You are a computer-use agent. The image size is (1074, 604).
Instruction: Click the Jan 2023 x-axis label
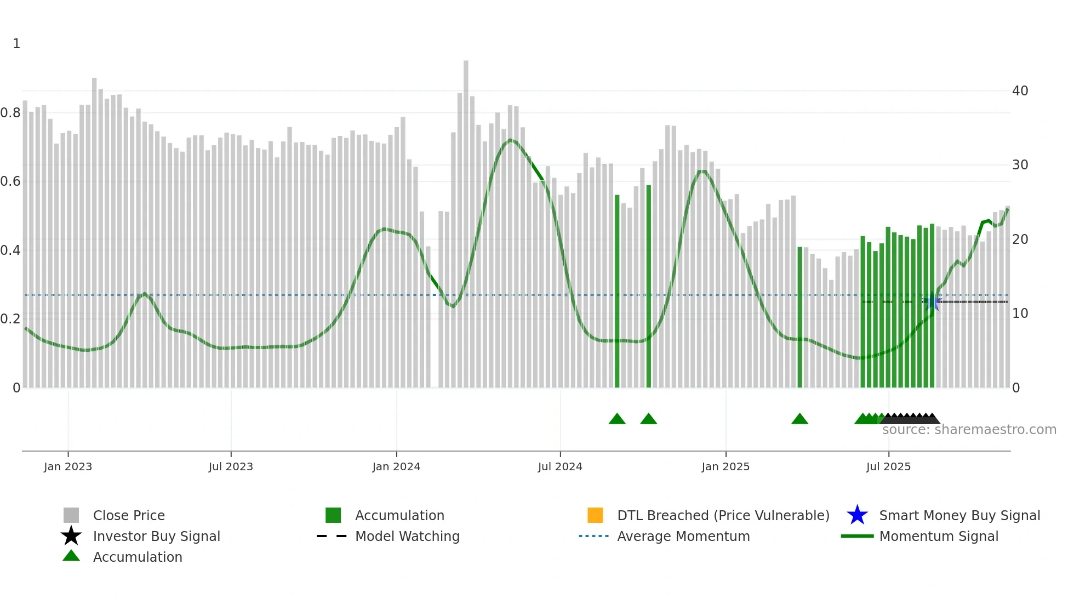pyautogui.click(x=68, y=466)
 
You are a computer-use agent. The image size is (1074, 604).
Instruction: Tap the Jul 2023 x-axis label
pyautogui.click(x=231, y=466)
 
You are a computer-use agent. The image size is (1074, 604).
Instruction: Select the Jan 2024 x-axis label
pyautogui.click(x=396, y=466)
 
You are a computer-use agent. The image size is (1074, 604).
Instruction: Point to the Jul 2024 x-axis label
pyautogui.click(x=560, y=466)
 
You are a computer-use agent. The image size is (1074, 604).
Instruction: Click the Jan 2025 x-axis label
pyautogui.click(x=725, y=466)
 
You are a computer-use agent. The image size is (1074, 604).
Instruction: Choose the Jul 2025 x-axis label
pyautogui.click(x=888, y=466)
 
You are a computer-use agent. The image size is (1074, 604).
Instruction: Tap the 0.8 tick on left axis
pyautogui.click(x=10, y=113)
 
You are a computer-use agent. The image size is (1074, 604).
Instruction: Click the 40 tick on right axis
pyautogui.click(x=1020, y=91)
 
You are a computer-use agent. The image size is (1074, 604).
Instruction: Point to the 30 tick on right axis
pyautogui.click(x=1020, y=165)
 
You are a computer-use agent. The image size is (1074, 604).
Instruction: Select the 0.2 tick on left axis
pyautogui.click(x=10, y=319)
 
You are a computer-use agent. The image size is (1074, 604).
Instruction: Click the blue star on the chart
pyautogui.click(x=932, y=302)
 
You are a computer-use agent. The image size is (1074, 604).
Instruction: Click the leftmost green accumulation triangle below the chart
pyautogui.click(x=617, y=419)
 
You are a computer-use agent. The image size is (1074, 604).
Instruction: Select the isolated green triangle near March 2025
pyautogui.click(x=799, y=419)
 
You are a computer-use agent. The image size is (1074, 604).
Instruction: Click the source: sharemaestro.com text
pyautogui.click(x=969, y=430)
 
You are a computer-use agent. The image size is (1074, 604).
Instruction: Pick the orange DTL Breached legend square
pyautogui.click(x=595, y=515)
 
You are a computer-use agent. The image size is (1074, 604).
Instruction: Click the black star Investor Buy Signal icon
pyautogui.click(x=71, y=536)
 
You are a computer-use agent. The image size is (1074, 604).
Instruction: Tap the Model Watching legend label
pyautogui.click(x=407, y=536)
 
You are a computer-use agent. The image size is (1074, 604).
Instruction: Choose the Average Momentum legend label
pyautogui.click(x=683, y=536)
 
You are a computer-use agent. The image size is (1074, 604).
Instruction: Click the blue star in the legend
pyautogui.click(x=857, y=515)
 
